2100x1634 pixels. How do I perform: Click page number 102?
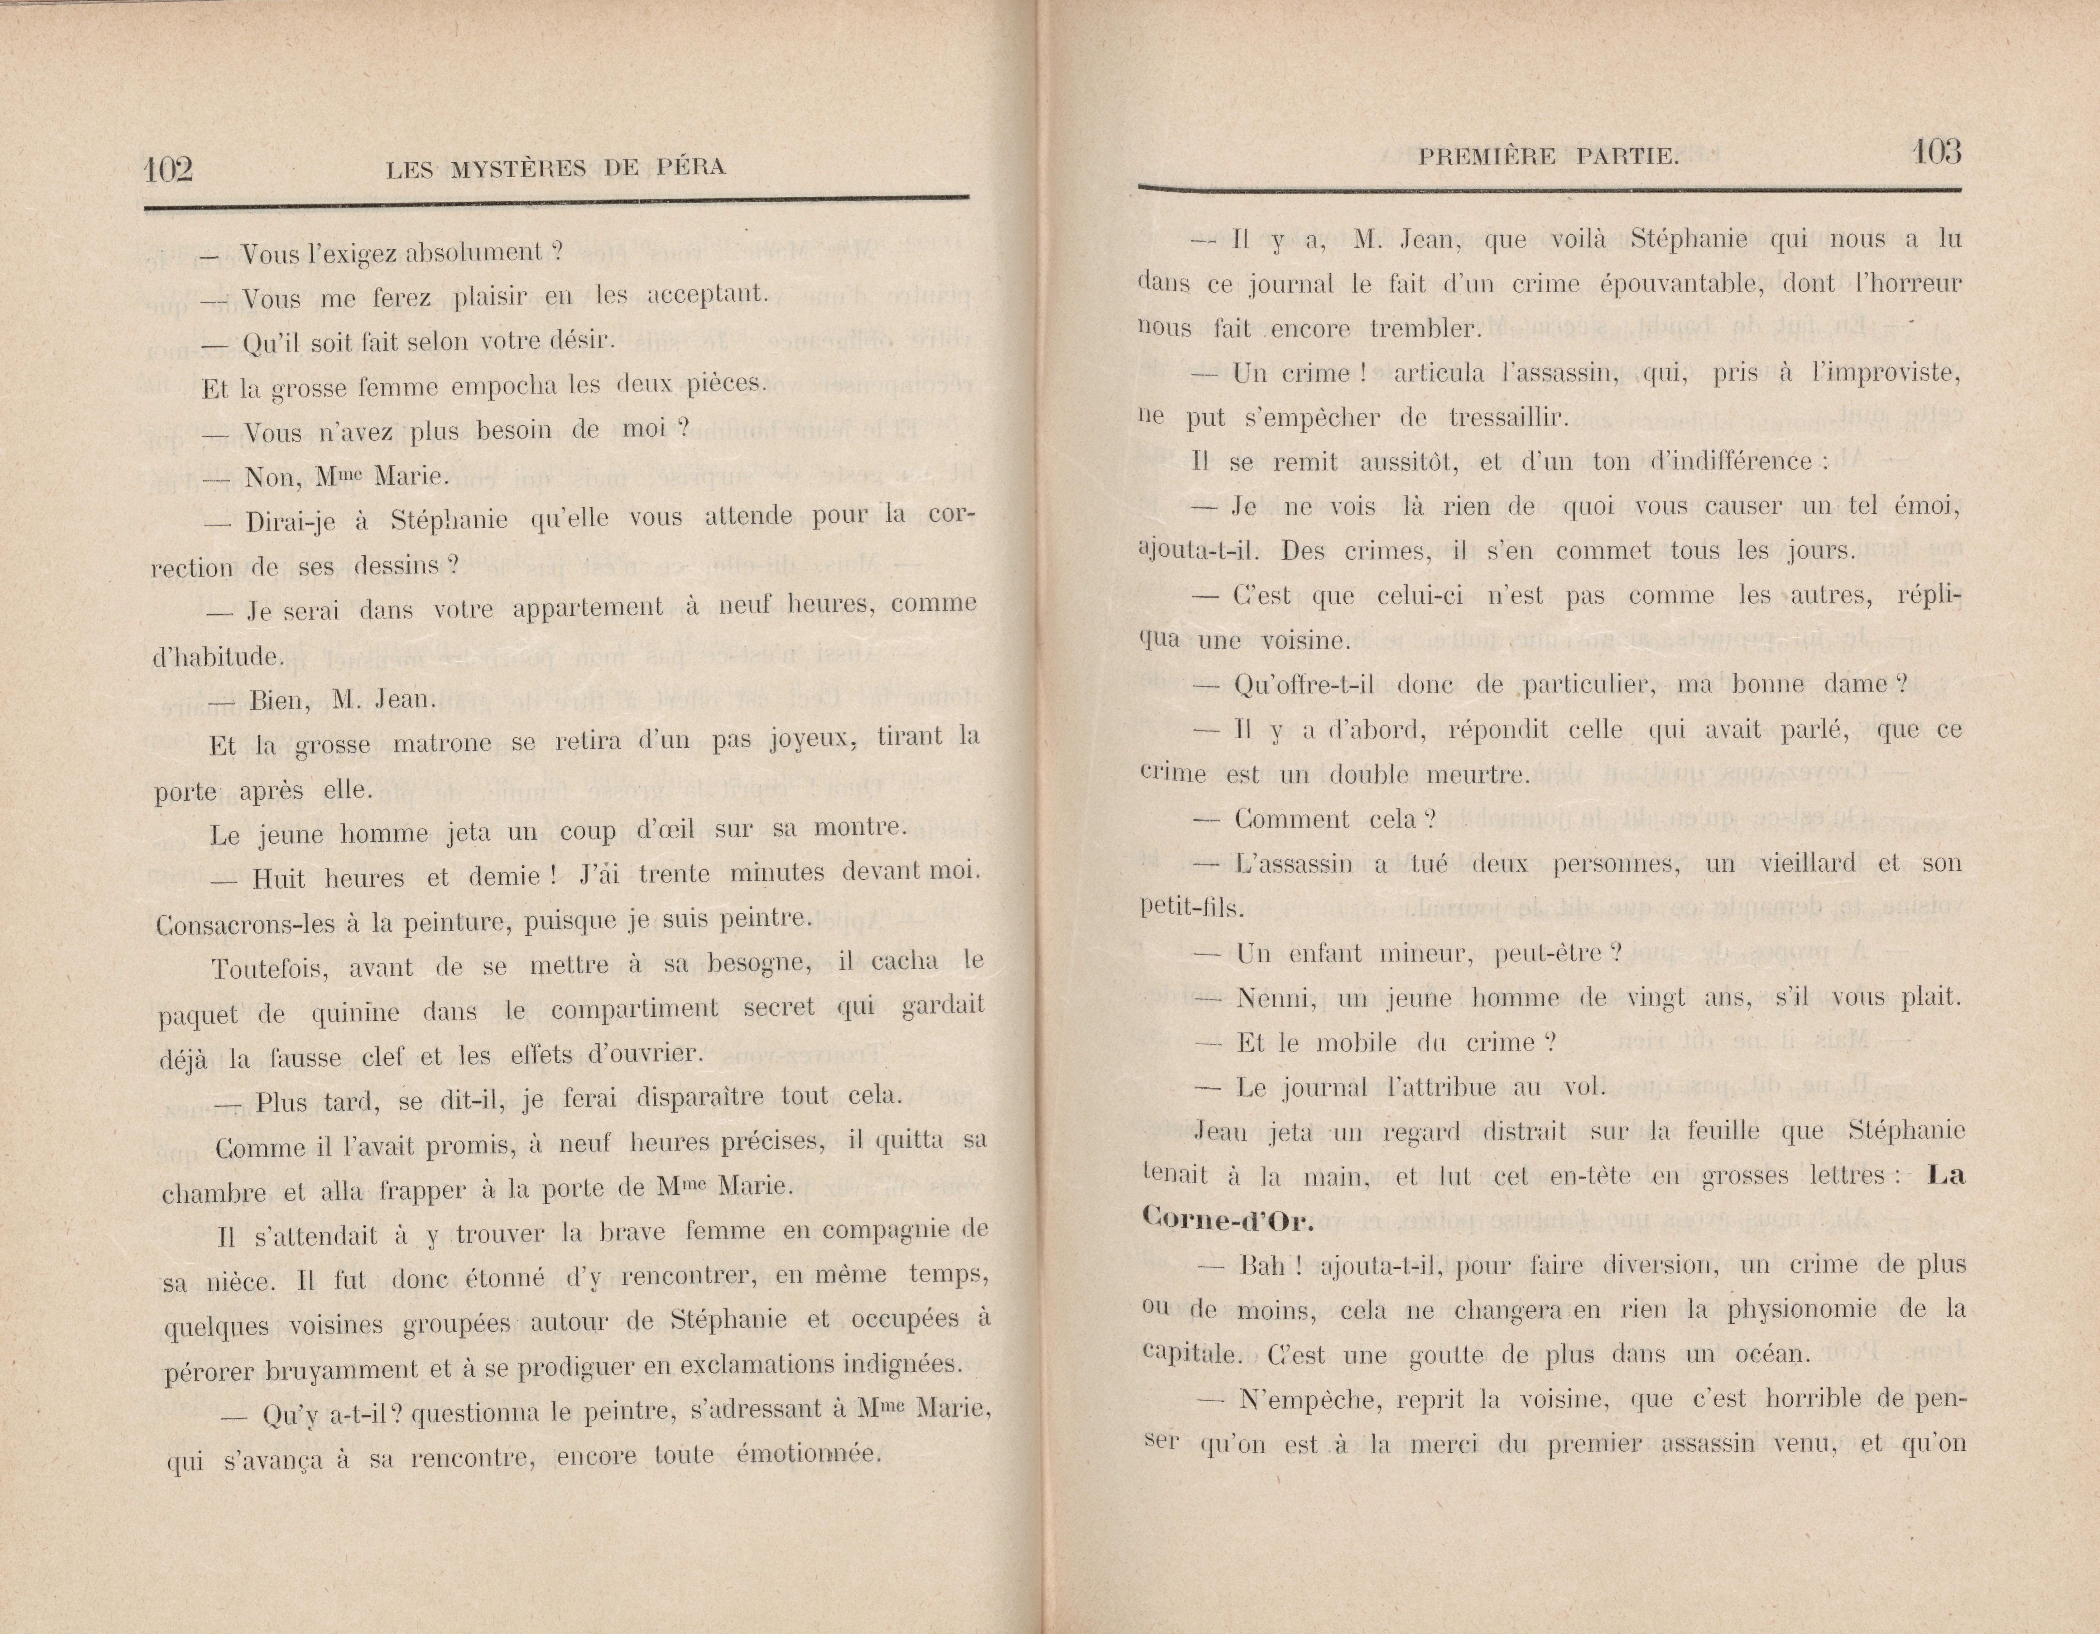tap(168, 170)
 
